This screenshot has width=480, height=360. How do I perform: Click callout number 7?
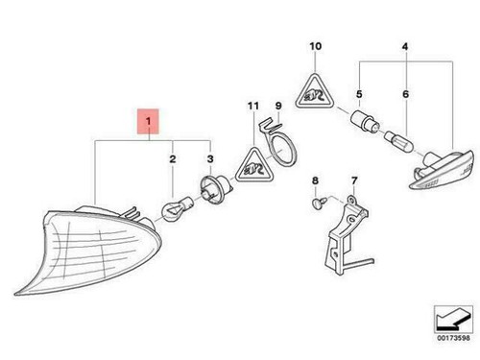tap(353, 180)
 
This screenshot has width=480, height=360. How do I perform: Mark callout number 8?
tap(314, 180)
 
